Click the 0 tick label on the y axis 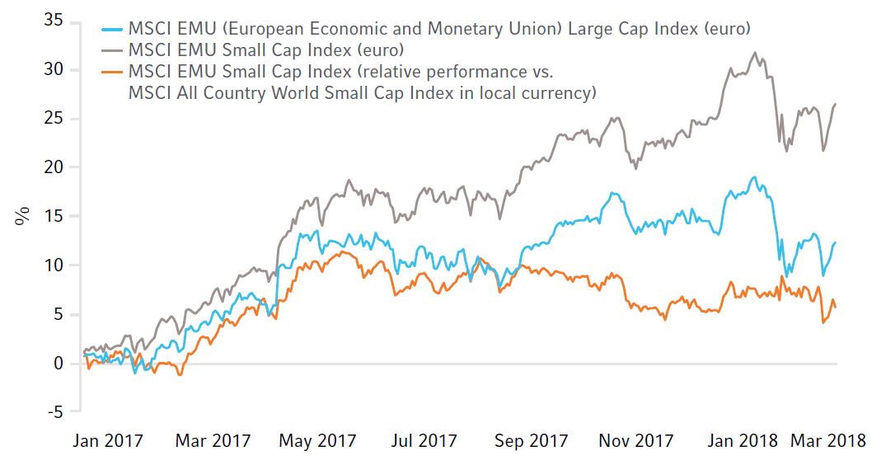57,364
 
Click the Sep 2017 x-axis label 530,441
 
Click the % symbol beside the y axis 21,216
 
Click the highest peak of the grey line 755,54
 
